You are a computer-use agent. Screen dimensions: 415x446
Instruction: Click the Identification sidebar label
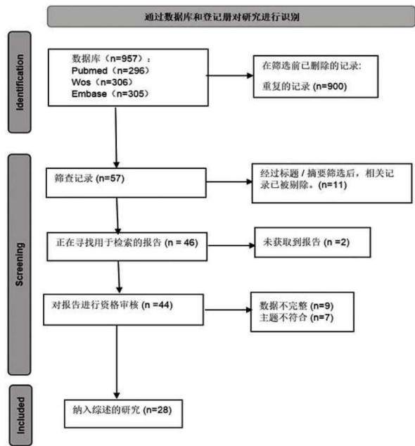pos(20,82)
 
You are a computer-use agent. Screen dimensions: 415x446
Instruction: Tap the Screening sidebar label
pos(19,265)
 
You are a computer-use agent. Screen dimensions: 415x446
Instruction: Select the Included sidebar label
pos(21,416)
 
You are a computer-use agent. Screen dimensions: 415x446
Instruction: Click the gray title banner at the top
pos(231,17)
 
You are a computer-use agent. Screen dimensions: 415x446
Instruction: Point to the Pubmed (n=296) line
pos(110,70)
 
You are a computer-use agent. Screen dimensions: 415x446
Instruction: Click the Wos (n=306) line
pos(102,82)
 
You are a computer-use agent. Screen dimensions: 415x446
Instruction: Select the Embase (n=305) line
pos(110,94)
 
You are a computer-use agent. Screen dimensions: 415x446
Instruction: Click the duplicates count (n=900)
pos(330,87)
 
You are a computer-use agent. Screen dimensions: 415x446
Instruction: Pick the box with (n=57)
pos(126,183)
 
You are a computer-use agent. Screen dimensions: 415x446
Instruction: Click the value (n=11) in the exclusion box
pos(333,185)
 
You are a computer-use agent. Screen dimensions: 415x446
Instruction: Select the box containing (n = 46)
pos(127,246)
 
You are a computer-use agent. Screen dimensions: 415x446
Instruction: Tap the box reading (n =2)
pos(312,242)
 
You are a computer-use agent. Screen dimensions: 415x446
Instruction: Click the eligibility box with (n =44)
pos(123,310)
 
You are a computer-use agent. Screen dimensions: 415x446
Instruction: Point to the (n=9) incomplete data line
pos(296,306)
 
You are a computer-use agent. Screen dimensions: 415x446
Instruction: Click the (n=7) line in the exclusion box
pos(296,317)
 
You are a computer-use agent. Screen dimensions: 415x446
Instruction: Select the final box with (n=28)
pos(123,414)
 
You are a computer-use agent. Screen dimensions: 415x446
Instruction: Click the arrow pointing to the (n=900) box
pos(229,75)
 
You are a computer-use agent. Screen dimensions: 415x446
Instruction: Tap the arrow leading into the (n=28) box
pos(117,362)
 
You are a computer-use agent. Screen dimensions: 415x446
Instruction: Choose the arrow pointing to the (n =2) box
pos(231,246)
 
